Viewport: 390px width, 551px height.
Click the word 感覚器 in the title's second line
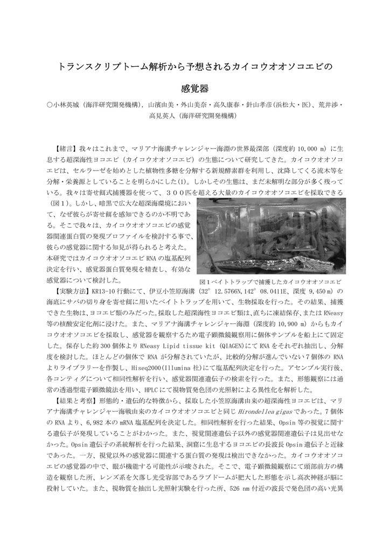tap(194, 88)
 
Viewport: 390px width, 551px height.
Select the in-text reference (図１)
tap(58, 204)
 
